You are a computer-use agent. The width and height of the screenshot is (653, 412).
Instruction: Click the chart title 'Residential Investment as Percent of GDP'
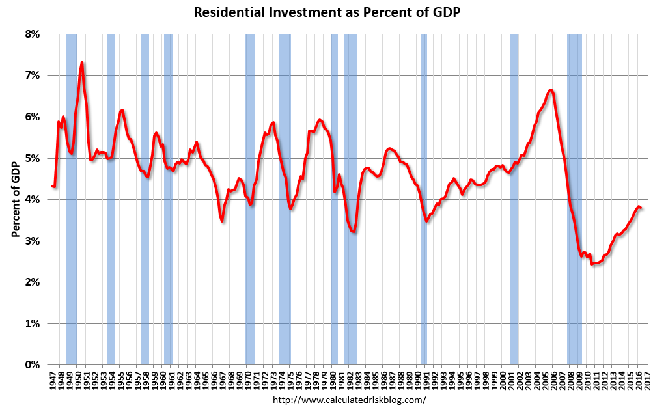point(326,12)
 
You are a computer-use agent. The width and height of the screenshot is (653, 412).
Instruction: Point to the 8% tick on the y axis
point(32,34)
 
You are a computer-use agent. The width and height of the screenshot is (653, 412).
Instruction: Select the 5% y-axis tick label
point(32,158)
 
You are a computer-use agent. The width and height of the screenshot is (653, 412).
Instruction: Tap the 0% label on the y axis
point(32,365)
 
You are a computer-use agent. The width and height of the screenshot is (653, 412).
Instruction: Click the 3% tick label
point(32,241)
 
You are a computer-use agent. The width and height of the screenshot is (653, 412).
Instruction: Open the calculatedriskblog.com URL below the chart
point(349,400)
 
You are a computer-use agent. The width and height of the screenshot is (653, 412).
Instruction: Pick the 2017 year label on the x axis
point(647,380)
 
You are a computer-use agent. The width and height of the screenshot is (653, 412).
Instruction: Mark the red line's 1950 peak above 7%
point(82,62)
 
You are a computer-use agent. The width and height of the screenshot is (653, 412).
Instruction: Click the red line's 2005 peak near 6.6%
point(551,90)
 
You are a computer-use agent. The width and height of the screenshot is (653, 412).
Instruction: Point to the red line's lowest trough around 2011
point(593,264)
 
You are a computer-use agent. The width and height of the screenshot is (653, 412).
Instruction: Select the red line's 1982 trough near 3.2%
point(354,232)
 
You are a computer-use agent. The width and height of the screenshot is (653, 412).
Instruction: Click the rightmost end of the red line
point(641,208)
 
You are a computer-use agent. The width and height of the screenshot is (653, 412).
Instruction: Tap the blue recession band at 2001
point(514,195)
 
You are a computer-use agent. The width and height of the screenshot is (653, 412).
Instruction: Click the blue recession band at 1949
point(72,195)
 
